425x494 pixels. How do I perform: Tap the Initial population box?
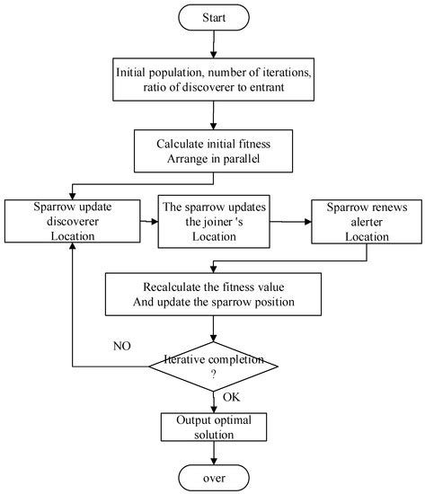coord(212,79)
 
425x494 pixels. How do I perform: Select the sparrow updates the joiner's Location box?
coord(216,219)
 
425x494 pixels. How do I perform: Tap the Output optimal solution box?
coord(212,425)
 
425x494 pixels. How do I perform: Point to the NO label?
coord(124,343)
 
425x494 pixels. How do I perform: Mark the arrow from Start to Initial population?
coord(212,43)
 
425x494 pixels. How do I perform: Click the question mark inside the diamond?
coord(213,375)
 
